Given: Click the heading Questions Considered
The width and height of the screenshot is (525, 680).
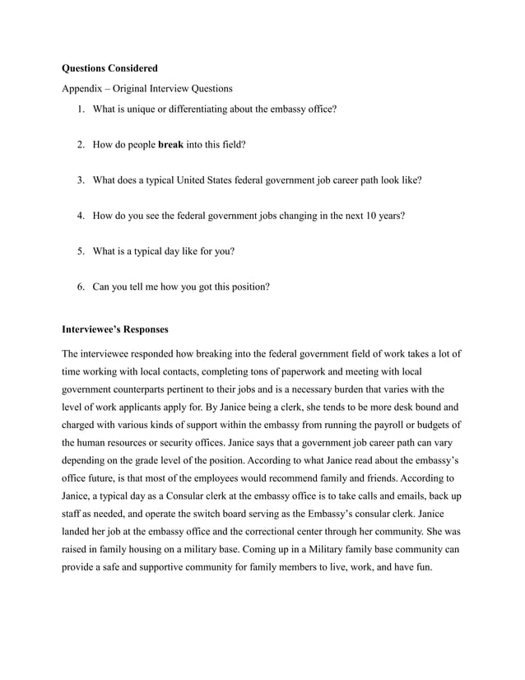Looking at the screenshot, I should coord(109,68).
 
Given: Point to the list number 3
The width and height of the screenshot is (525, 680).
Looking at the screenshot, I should coord(81,180).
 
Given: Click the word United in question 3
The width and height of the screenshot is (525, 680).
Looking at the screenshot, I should coord(207,180).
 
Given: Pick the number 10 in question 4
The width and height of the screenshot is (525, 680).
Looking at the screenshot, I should coord(361,216).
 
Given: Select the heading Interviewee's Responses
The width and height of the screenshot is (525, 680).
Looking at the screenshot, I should coord(115,330).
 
